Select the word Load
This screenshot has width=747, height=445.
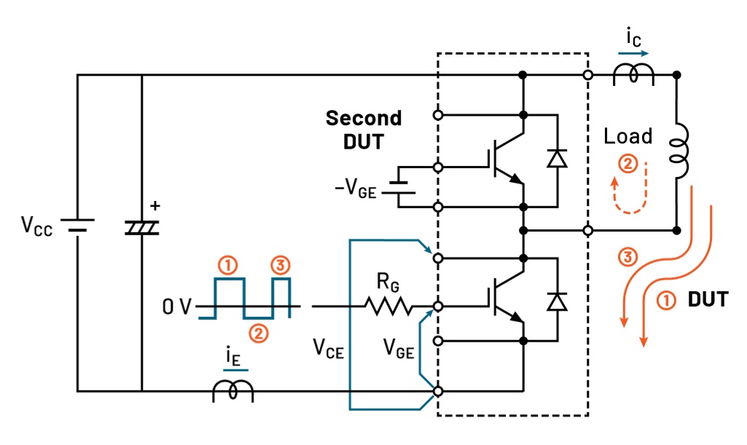pos(627,136)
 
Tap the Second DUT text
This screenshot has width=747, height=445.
pos(363,129)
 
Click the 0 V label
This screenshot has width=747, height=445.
pos(176,307)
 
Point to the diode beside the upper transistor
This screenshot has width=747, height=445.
pos(558,158)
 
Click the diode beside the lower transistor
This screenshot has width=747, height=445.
pos(558,301)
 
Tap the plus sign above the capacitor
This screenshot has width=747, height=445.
pos(154,206)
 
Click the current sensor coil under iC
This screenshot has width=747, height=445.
pos(633,74)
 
